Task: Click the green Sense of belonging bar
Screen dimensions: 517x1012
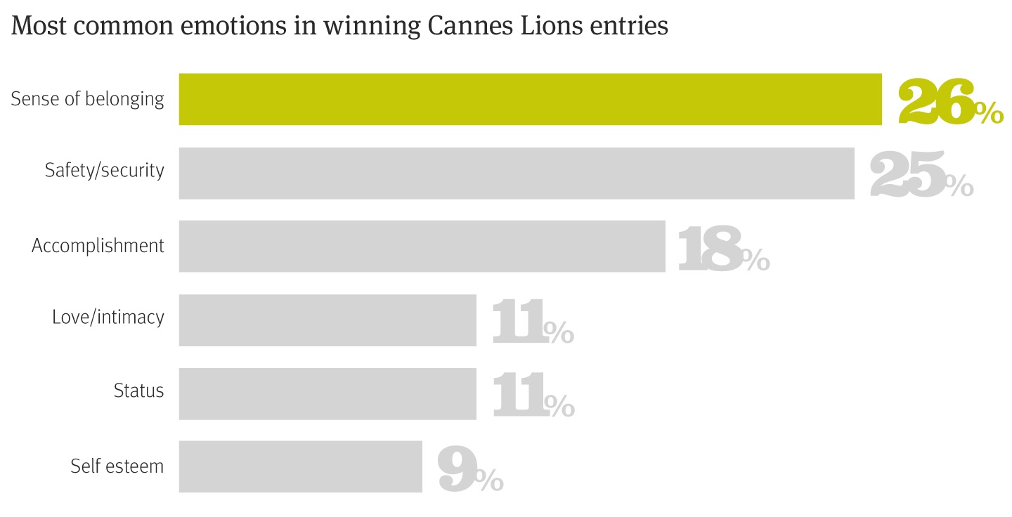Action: tap(530, 99)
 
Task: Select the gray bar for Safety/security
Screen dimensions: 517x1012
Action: tap(517, 173)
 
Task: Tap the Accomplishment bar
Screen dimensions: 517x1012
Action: tap(422, 246)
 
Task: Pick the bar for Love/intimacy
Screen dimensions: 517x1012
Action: tap(327, 320)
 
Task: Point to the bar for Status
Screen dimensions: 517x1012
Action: tap(327, 393)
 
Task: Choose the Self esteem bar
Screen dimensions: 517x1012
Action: tap(301, 466)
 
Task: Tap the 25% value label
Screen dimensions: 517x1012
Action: tap(921, 176)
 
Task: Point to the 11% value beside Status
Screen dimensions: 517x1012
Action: tap(533, 398)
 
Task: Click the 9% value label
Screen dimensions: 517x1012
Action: tap(469, 471)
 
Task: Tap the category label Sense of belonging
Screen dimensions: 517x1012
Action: tap(87, 99)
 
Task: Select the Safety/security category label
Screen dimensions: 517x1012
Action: tap(104, 171)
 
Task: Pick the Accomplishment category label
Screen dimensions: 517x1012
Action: tap(98, 246)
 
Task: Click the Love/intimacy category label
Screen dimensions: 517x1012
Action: tap(108, 318)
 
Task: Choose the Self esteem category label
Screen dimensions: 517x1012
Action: tap(117, 466)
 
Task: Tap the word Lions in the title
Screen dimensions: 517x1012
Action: tap(547, 26)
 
